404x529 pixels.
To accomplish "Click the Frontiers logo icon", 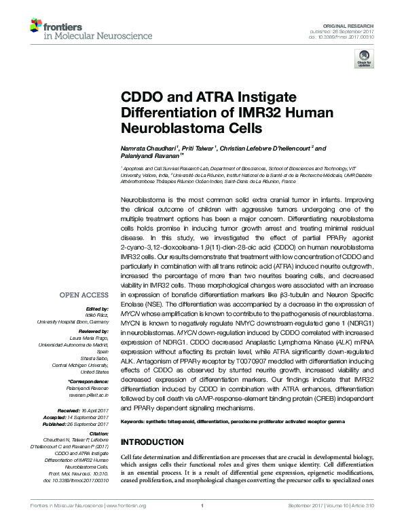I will (35, 26).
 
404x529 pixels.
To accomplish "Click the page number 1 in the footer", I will (202, 524).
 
